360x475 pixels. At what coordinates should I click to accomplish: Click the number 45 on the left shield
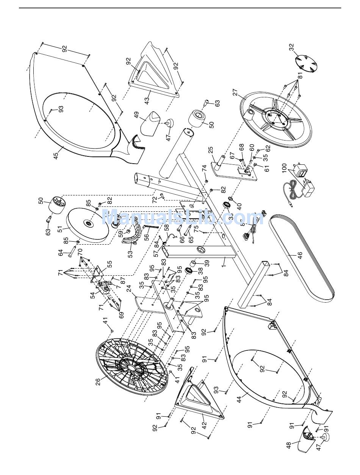[x=56, y=156]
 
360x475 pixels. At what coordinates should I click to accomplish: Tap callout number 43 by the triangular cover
[x=146, y=100]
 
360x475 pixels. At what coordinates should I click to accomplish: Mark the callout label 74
[x=204, y=168]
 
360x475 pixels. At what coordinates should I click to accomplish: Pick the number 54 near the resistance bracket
[x=93, y=295]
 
